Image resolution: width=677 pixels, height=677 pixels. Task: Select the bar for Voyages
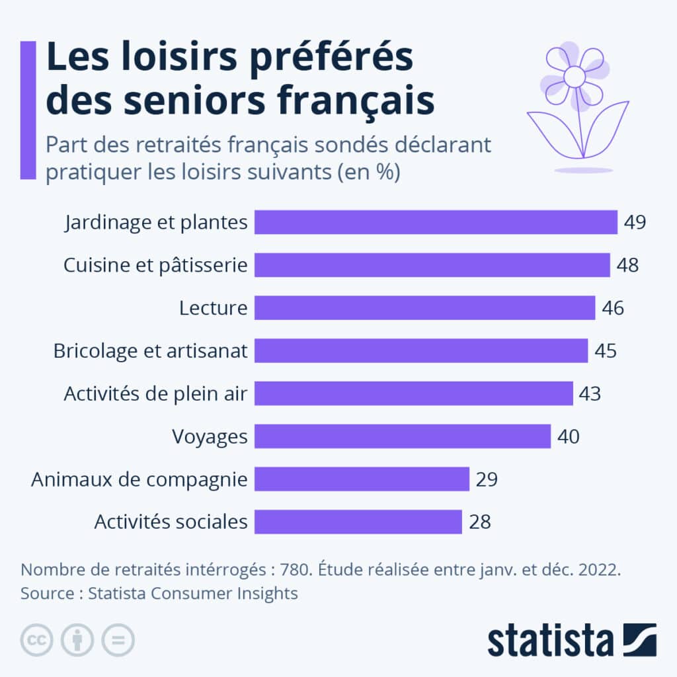[x=402, y=436]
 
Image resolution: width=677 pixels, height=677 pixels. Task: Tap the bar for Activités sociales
[x=358, y=522]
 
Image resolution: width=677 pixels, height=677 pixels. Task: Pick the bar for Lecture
[x=424, y=308]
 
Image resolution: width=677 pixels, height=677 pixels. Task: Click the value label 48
[x=627, y=265]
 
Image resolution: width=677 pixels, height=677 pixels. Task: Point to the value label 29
[x=486, y=479]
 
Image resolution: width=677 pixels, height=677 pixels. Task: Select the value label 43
[x=590, y=393]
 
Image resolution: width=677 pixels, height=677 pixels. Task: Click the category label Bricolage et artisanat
[x=150, y=351]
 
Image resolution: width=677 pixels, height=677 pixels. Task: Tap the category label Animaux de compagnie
[x=139, y=479]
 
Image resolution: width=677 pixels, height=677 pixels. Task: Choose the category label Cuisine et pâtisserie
[x=155, y=265]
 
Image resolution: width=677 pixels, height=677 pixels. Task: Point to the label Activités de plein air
[x=155, y=394]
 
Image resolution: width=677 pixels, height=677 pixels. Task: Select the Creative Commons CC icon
[x=37, y=640]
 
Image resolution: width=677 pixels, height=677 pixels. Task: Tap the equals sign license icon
[x=118, y=640]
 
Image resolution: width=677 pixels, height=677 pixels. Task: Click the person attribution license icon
[x=77, y=640]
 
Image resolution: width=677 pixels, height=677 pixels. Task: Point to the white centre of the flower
[x=575, y=77]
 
